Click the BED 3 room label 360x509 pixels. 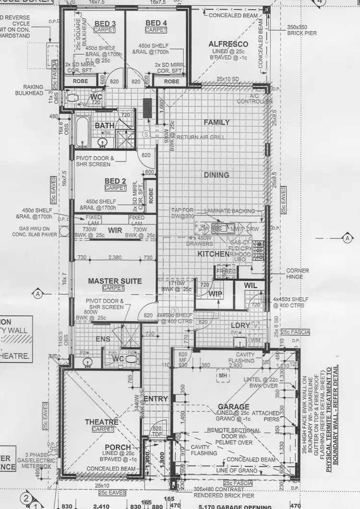pyautogui.click(x=105, y=24)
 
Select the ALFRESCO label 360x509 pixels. pyautogui.click(x=228, y=44)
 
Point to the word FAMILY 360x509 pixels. pyautogui.click(x=217, y=122)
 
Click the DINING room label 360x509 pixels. pyautogui.click(x=216, y=175)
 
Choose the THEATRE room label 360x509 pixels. pyautogui.click(x=101, y=422)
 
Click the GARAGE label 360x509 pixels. pyautogui.click(x=233, y=406)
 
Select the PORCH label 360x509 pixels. pyautogui.click(x=118, y=447)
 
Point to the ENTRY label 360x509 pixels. pyautogui.click(x=156, y=399)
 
